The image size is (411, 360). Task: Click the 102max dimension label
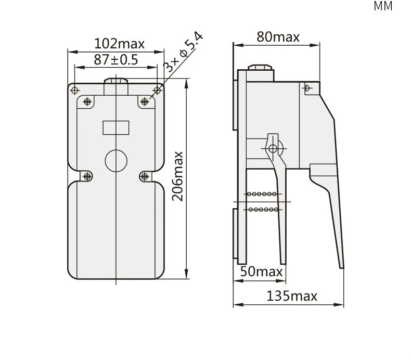click(119, 44)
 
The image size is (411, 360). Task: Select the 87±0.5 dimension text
click(116, 59)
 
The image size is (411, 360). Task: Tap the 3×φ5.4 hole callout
click(183, 53)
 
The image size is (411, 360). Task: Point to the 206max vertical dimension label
click(177, 176)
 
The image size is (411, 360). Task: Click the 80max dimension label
click(278, 37)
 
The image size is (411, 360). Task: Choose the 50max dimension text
click(261, 272)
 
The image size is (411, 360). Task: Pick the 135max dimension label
click(292, 296)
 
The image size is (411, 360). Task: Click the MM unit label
click(383, 6)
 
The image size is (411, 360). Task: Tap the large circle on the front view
click(116, 161)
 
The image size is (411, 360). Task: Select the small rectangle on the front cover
click(116, 127)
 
